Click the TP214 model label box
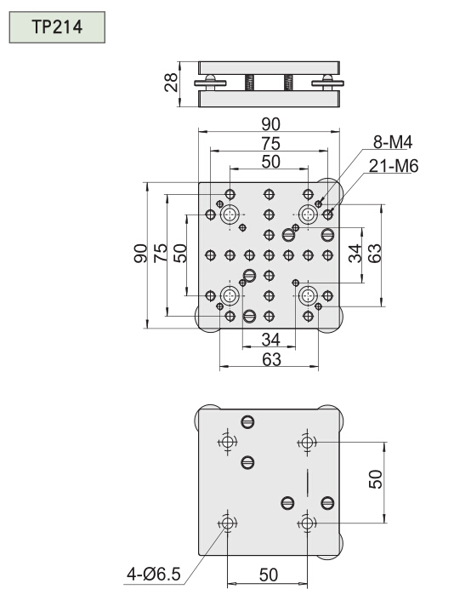point(57,27)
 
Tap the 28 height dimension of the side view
point(172,83)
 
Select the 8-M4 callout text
point(393,142)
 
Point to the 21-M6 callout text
point(393,166)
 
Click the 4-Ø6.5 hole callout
point(154,575)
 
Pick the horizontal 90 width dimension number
point(270,124)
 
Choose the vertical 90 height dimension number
point(140,254)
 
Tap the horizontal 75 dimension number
point(270,144)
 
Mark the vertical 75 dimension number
point(160,254)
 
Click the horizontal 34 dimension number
point(270,340)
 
